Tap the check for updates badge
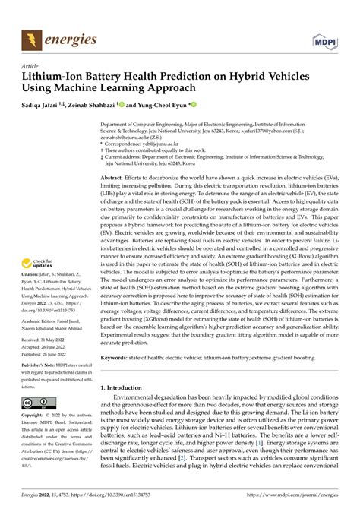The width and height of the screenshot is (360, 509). [38, 264]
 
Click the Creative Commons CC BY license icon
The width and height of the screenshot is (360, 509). [38, 403]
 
